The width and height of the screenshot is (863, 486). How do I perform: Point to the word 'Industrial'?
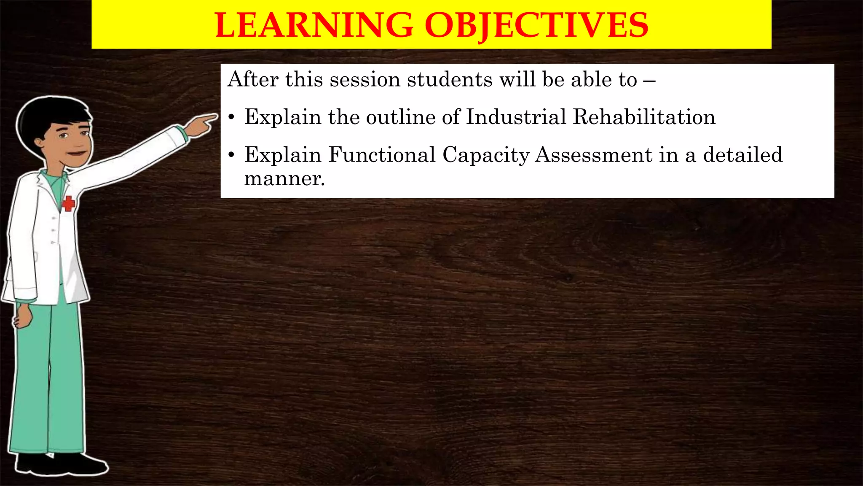(x=516, y=117)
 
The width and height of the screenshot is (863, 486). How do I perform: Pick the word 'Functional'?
(x=382, y=155)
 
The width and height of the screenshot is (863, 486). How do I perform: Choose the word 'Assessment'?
(x=594, y=155)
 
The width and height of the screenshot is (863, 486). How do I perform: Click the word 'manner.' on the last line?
(x=284, y=179)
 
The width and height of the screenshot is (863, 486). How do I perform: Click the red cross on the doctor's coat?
(x=68, y=204)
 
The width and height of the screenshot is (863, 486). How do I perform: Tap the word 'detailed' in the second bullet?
(x=742, y=155)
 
